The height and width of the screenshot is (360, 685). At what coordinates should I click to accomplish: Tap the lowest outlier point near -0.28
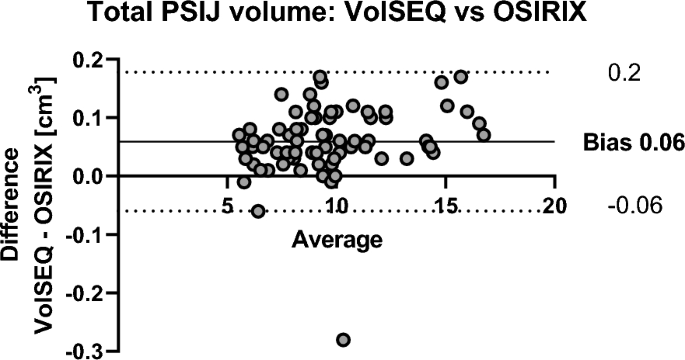click(x=344, y=340)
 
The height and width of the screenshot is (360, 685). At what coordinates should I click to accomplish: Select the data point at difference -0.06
click(x=258, y=211)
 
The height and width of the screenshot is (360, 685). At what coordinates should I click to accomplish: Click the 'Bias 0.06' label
click(x=634, y=142)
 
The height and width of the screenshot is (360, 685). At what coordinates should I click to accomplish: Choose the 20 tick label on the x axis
click(x=552, y=206)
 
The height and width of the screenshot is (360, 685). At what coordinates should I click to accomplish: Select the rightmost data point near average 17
click(x=484, y=134)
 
